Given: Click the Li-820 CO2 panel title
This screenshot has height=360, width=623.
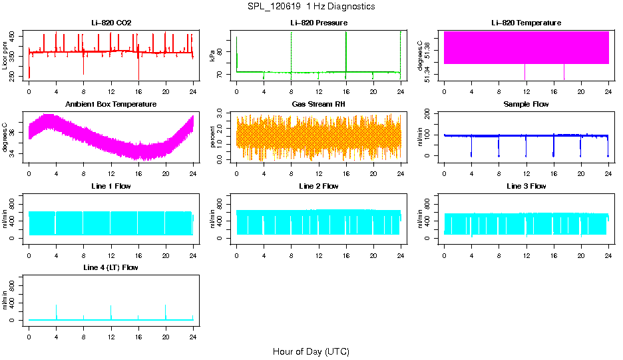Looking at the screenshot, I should coord(111,23).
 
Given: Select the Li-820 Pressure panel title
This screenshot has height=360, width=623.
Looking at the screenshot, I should coord(318,23).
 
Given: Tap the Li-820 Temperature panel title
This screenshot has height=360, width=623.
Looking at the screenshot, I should coord(526,23).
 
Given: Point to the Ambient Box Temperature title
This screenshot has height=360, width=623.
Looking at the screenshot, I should coord(111,105).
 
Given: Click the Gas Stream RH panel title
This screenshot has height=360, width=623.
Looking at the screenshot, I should coord(318,105).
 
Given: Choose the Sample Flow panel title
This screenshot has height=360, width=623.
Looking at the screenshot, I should coord(526,105).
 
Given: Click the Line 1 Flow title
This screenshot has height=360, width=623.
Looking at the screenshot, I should coord(111,186).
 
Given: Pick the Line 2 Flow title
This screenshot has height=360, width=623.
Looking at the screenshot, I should coord(318,186).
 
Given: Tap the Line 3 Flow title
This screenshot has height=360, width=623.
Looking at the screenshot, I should coord(526,186).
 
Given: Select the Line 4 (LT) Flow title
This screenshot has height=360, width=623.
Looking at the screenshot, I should coord(111,267).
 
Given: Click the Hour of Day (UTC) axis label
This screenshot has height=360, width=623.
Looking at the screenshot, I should coord(311,351).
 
